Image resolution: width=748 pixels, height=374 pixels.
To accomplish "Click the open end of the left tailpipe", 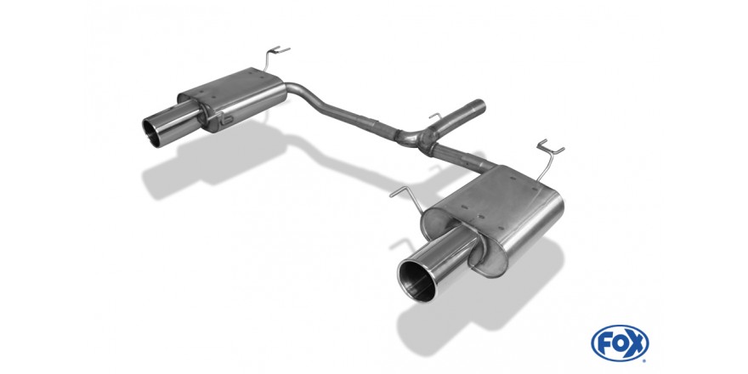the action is coord(155,132).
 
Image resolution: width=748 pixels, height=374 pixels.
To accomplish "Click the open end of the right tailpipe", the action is coord(417,280).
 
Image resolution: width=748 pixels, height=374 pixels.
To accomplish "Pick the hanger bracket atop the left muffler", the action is coord(274,58).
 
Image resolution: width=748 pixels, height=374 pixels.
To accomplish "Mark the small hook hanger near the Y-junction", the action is coord(436,117).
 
